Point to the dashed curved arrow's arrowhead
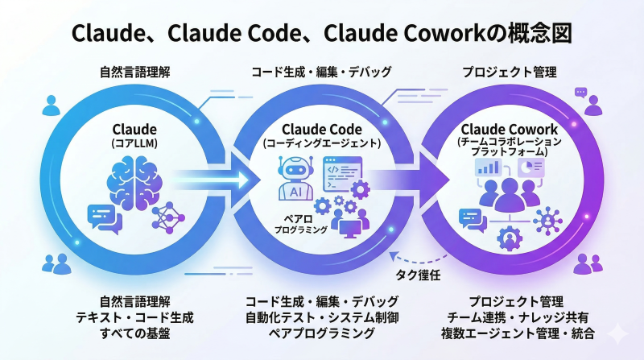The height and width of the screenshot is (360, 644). coord(391,256)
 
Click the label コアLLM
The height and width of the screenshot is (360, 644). coord(135,143)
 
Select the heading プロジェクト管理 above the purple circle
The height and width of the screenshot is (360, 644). coord(509,72)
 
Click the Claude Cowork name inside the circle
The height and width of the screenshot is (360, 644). coord(509,129)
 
